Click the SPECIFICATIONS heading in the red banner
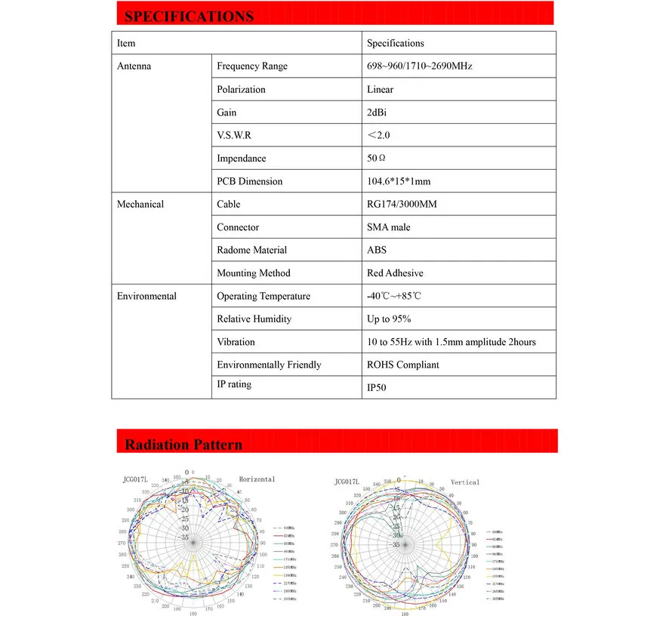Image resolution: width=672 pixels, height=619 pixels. [x=189, y=16]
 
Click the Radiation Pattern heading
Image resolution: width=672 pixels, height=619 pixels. [x=183, y=444]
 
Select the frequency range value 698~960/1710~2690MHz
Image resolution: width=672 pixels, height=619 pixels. [x=419, y=66]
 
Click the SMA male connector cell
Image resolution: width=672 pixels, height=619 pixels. [x=388, y=227]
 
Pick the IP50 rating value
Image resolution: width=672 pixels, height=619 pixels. [x=376, y=388]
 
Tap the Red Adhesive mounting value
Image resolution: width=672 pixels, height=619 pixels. [x=395, y=273]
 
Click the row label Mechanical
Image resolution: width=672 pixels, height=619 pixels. [x=140, y=205]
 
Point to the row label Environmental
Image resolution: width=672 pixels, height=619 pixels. [x=146, y=296]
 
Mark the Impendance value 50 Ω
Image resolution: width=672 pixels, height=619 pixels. [x=376, y=159]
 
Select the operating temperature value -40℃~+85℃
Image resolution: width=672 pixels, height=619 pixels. [x=393, y=297]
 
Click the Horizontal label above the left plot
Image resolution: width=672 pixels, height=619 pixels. [x=257, y=479]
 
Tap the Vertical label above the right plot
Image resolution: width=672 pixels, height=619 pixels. [x=465, y=482]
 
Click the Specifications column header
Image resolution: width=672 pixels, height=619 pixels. [x=395, y=44]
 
